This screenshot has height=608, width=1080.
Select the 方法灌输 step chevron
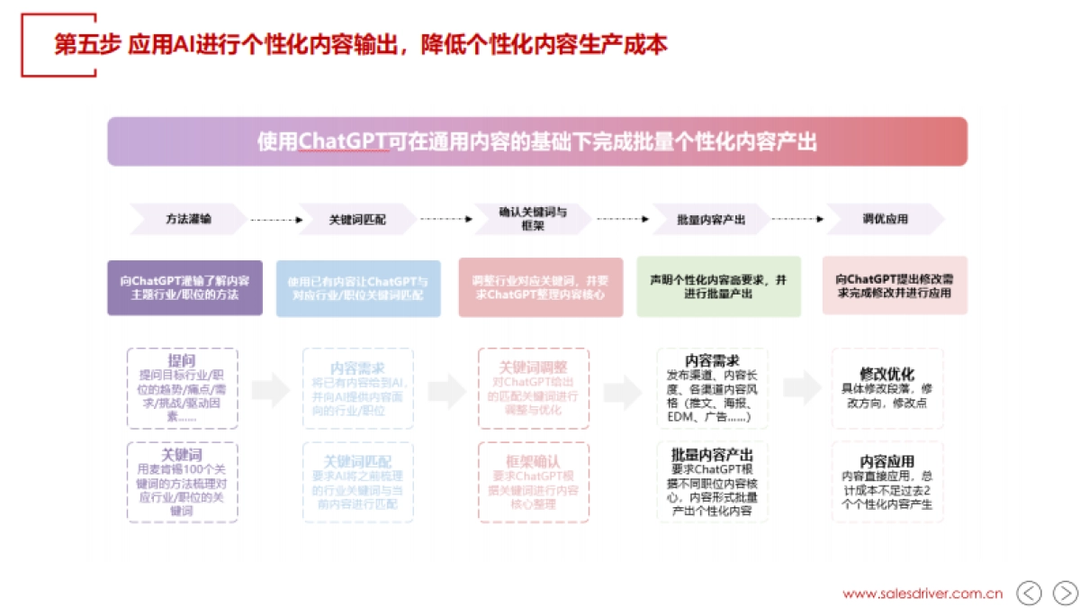tap(188, 219)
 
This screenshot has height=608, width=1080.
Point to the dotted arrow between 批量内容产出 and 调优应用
tap(797, 219)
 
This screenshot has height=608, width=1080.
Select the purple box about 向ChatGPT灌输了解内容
tap(185, 287)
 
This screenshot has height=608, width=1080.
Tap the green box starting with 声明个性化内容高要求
tap(718, 287)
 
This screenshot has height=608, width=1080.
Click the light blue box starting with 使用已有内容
tap(358, 288)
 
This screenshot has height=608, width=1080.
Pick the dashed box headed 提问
tap(183, 388)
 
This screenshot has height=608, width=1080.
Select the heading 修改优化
tap(886, 373)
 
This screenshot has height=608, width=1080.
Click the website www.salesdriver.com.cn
tap(922, 594)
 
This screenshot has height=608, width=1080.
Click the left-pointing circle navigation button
tap(1029, 593)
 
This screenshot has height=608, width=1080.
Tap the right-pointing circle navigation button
tap(1065, 593)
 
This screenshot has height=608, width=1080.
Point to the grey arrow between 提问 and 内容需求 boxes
tap(270, 389)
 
